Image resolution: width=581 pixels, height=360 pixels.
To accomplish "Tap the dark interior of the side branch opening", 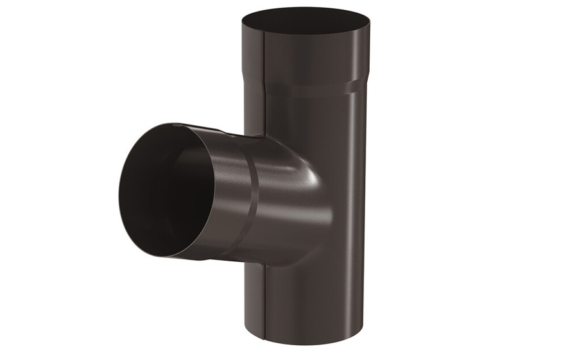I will tap(157, 193).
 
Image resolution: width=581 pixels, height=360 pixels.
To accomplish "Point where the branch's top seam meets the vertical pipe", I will tap(264, 136).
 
